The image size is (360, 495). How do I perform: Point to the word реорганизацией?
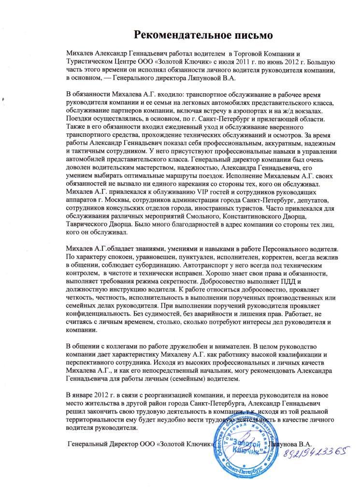pyautogui.click(x=149, y=396)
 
